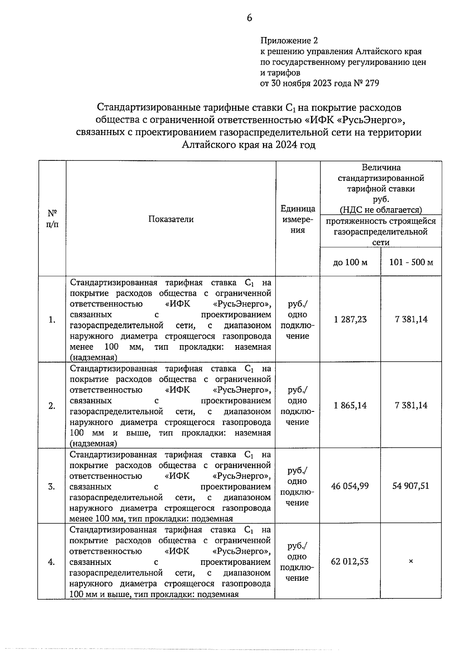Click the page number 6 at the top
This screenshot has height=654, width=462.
click(249, 18)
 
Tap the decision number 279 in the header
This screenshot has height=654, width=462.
click(372, 83)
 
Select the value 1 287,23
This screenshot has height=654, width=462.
click(350, 319)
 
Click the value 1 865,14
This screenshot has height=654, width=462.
click(350, 405)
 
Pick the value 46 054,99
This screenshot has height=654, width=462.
click(350, 486)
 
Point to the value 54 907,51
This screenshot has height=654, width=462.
click(411, 486)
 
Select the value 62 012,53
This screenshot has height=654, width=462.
click(350, 561)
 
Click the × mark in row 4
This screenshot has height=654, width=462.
click(411, 561)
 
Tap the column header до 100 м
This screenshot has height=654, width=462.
click(350, 263)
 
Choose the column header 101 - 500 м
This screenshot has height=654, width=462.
click(411, 263)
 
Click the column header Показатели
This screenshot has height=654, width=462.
click(171, 219)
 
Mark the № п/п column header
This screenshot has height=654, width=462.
click(52, 219)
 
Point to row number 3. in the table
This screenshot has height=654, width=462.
click(52, 486)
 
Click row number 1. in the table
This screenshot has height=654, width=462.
click(52, 320)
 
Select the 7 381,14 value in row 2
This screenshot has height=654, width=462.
click(411, 405)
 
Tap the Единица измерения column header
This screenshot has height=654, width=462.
click(298, 219)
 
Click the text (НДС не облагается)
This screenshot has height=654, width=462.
click(381, 210)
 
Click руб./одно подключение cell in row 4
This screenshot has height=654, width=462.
click(297, 562)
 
